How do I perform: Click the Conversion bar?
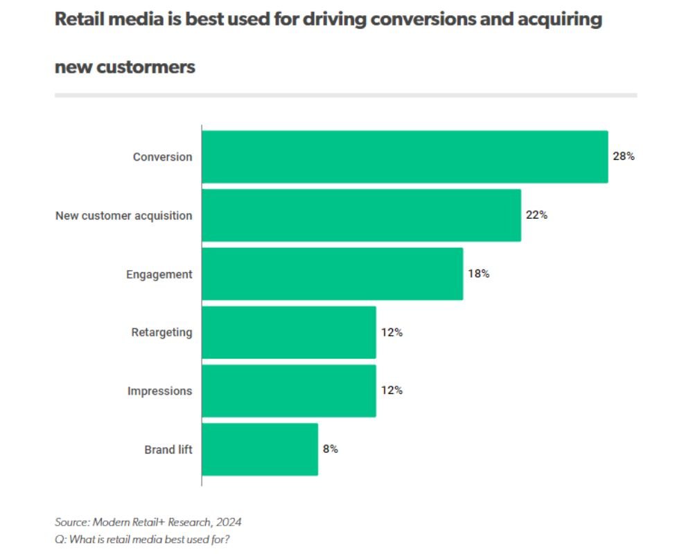[x=405, y=157]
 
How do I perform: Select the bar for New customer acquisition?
[x=361, y=215]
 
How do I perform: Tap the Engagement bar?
[x=332, y=274]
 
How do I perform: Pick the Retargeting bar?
[x=289, y=332]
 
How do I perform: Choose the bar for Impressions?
[x=289, y=391]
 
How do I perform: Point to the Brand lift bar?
[x=260, y=449]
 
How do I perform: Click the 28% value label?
[x=624, y=157]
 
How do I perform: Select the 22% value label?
[x=536, y=215]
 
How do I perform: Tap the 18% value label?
[x=478, y=274]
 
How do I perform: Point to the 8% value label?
[x=330, y=449]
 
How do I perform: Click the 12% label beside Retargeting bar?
[x=392, y=332]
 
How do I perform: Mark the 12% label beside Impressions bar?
[x=392, y=391]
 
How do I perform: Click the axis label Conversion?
[x=163, y=157]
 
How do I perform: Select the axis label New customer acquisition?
[x=124, y=215]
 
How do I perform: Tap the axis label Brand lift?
[x=168, y=449]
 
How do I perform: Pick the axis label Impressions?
[x=160, y=391]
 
